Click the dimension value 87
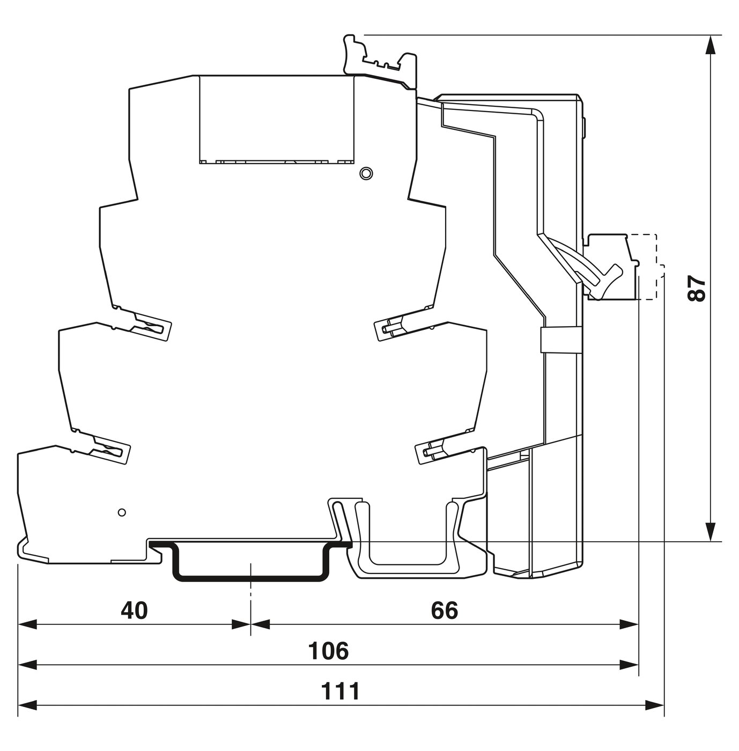[x=696, y=288]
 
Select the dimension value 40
[x=135, y=610]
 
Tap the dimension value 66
[x=445, y=610]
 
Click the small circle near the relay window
[x=366, y=173]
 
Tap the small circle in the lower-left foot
[x=122, y=512]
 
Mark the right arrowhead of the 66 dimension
[x=630, y=625]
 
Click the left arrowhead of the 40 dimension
[x=27, y=625]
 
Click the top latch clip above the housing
[x=380, y=62]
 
